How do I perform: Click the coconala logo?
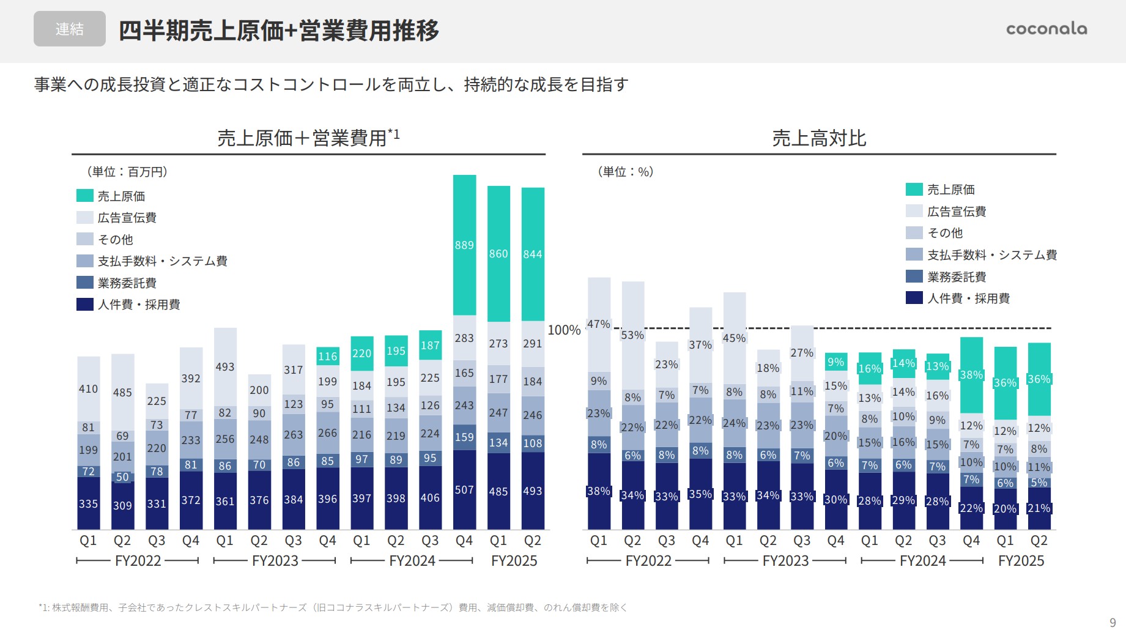coord(1046,29)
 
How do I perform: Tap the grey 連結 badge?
coord(69,29)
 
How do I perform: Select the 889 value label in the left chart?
coord(464,245)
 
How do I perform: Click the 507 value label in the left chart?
coord(464,490)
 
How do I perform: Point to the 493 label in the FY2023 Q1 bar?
coord(225,367)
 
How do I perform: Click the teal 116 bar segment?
coord(328,356)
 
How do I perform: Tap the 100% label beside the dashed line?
coord(564,330)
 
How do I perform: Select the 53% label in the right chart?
coord(632,335)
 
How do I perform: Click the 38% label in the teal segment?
coord(971,375)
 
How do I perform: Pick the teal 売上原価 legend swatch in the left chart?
coord(85,196)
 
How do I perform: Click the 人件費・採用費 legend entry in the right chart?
coord(968,298)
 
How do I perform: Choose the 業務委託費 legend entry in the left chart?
coord(127,283)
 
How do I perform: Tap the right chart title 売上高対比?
coord(819,138)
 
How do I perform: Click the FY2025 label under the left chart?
coord(514,561)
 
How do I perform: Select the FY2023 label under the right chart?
coord(785,561)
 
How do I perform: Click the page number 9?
coord(1113,623)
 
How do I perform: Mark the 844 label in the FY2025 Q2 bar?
coord(533,254)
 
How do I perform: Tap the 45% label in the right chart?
coord(734,338)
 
